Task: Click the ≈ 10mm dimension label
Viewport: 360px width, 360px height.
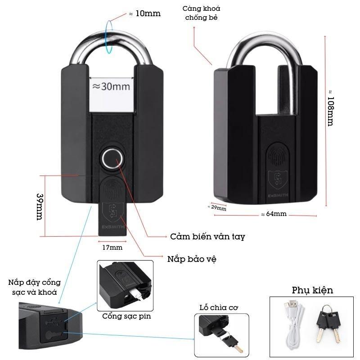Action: point(144,13)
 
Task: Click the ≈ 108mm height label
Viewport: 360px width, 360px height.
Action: point(330,108)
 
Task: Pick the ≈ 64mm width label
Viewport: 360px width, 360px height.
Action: point(273,214)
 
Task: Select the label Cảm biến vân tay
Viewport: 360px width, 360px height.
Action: point(207,236)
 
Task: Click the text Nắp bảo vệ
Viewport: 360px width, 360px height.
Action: point(192,259)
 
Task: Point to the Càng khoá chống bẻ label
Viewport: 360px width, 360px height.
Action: point(201,13)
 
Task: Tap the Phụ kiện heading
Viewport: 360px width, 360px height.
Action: point(312,290)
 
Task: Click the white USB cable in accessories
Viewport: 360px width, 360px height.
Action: point(293,324)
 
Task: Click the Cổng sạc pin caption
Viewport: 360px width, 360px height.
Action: point(126,316)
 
